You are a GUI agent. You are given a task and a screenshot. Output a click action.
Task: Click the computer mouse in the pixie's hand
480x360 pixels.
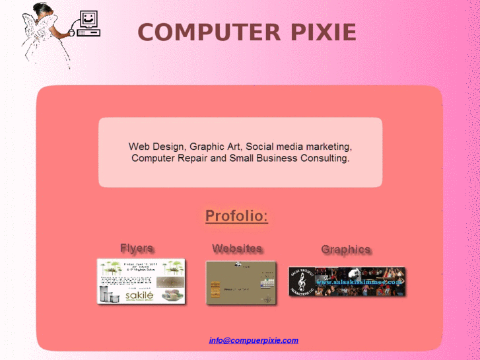coord(71,31)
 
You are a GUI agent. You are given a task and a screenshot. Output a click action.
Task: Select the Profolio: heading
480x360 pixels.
coord(236,216)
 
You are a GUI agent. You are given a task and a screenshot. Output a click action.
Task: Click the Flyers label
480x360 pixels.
coord(137,248)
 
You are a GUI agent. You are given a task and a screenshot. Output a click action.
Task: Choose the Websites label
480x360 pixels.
coord(237,248)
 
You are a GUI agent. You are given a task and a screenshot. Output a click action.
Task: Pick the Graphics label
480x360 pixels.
coord(345,249)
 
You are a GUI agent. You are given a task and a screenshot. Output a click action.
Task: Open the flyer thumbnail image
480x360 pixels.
coord(141,281)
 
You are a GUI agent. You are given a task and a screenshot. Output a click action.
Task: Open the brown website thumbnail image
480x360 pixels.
coord(240,283)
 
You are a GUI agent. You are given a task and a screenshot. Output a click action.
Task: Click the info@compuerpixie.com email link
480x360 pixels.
coord(254,341)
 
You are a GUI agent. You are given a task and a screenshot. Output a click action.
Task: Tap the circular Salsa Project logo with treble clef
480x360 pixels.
coord(302,282)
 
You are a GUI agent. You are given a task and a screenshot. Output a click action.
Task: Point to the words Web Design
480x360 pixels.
coord(157,146)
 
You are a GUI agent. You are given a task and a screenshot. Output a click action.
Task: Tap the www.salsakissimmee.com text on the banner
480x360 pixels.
coord(357,282)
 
